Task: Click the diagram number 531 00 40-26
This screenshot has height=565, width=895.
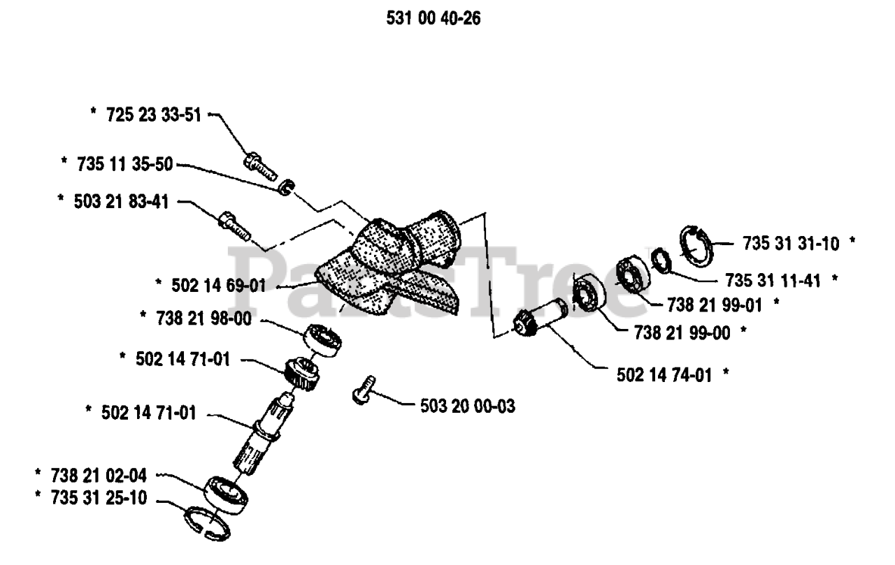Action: click(433, 19)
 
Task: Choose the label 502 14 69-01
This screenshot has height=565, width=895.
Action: click(216, 285)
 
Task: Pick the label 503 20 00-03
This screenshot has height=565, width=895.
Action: click(468, 406)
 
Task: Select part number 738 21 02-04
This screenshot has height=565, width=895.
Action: click(98, 477)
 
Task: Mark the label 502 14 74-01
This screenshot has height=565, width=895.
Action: click(664, 374)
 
